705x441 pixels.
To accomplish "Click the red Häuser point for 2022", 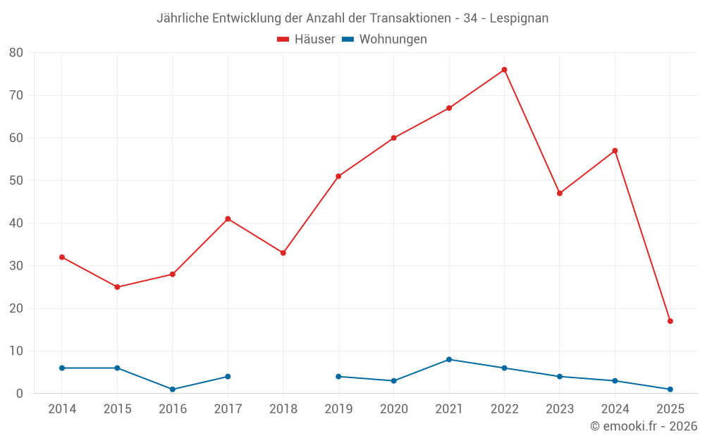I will coord(504,70).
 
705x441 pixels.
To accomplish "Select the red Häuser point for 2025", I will coord(670,321).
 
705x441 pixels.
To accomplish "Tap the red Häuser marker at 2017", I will coord(228,219).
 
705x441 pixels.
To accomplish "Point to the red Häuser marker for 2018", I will coord(283,253).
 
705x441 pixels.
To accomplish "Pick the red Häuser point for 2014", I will coord(62,257).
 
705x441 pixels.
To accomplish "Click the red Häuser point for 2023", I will coord(559,193).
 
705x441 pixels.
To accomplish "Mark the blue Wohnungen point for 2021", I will coord(448,359).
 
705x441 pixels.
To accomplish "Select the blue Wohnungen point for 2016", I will coord(173,389).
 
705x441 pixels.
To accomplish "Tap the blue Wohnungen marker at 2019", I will coord(338,377).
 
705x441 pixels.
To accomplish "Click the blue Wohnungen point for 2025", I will coord(670,389).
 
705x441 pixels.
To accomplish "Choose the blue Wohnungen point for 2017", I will coord(228,377).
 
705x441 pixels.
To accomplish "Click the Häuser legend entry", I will coord(306,40).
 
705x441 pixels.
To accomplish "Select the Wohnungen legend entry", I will coord(384,40).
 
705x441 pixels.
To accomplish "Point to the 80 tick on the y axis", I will coord(16,52).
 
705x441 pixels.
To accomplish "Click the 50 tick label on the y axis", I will coord(16,181).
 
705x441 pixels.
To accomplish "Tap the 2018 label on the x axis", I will coord(283,409).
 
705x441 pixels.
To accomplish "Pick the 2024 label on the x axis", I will coord(615,409).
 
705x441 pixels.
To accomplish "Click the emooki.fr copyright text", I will coord(643,426).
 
